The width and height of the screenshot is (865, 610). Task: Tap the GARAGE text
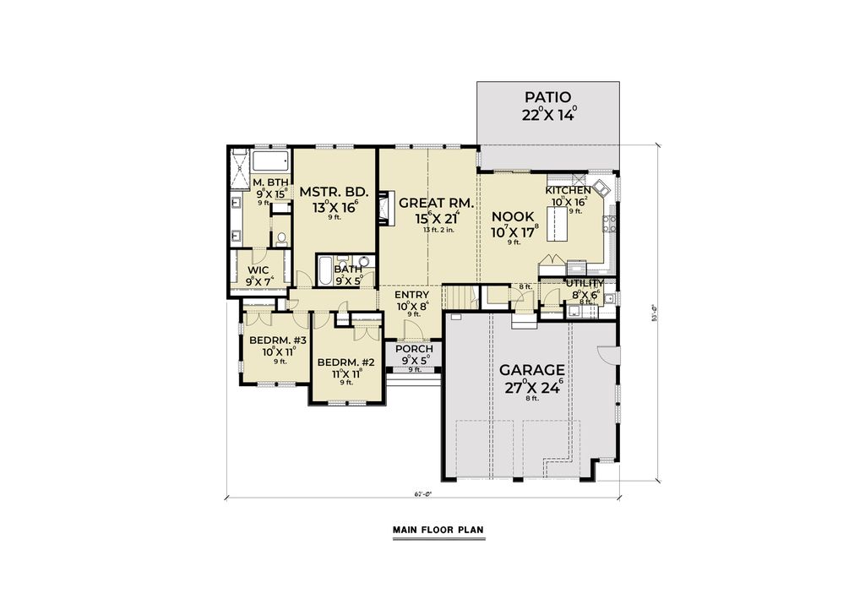tap(532, 370)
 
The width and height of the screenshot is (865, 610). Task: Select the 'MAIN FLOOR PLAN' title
tap(438, 531)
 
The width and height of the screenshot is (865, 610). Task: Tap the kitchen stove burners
tap(608, 223)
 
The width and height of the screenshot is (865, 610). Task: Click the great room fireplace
tap(384, 209)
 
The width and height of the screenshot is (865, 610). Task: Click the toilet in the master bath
tap(280, 237)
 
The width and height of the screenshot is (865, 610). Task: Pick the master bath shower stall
tap(239, 169)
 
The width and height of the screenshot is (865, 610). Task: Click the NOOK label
tap(514, 216)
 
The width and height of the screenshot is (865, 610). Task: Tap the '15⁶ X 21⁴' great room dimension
tap(427, 218)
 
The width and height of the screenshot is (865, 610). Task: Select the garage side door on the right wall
tap(608, 360)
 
